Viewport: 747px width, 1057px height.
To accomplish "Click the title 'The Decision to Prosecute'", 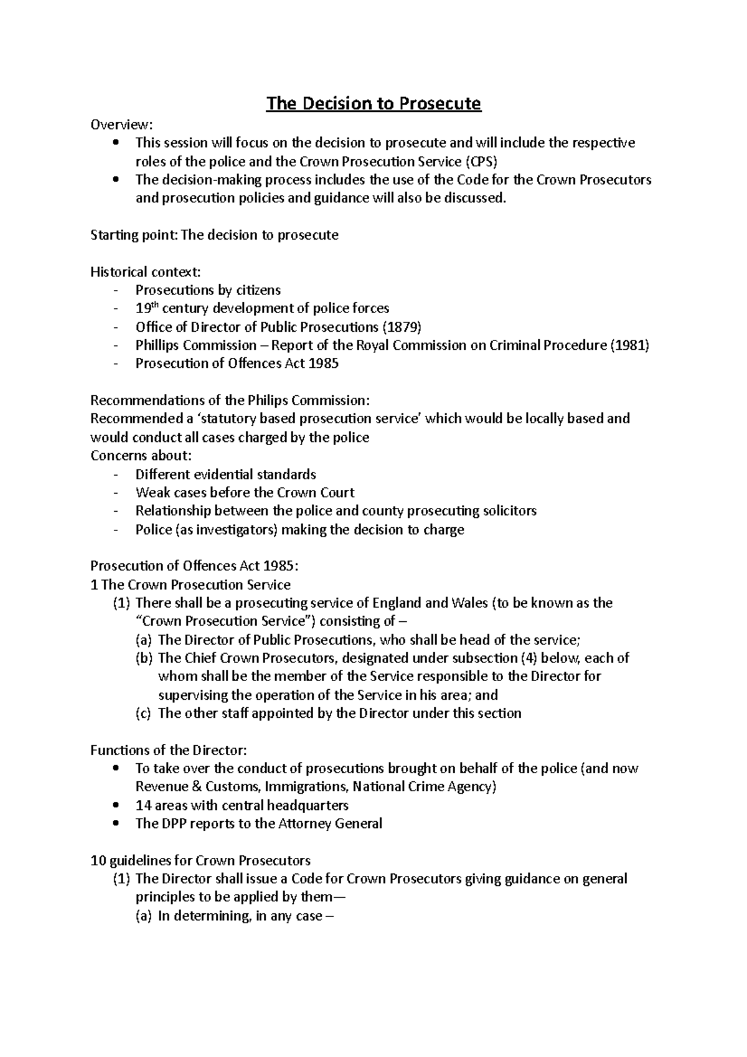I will coord(374,103).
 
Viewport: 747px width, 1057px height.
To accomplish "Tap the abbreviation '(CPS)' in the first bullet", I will coord(481,162).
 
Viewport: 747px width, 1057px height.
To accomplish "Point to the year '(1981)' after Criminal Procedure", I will coord(629,345).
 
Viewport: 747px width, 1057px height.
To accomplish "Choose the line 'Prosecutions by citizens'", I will coord(208,290).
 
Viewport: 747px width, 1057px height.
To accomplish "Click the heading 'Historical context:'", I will coord(146,272).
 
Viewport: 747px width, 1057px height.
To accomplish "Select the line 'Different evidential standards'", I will coord(225,474).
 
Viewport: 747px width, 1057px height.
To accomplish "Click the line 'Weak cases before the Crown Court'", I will coord(245,493).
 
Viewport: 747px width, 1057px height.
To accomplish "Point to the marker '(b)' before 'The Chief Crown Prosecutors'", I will coord(143,658).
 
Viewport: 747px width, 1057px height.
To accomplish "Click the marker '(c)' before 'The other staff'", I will coord(143,713).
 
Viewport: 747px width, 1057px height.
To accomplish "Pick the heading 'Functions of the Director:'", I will coord(168,750).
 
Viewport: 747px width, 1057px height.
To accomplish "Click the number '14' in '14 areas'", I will coord(143,806).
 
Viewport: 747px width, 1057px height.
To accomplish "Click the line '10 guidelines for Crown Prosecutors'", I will coord(200,861).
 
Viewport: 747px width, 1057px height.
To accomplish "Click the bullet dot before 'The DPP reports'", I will coord(116,824).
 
